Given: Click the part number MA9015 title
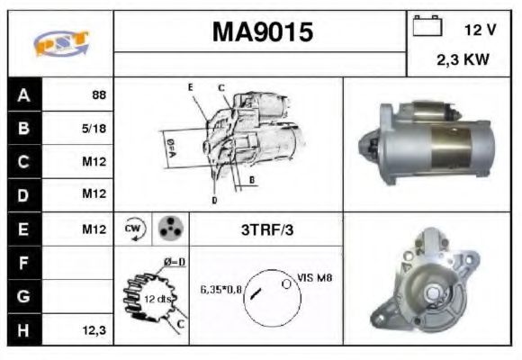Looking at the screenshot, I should click(263, 33).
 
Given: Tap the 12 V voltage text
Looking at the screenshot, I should click(480, 30).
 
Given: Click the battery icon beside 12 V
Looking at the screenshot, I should click(426, 27).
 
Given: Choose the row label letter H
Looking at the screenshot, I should click(24, 331).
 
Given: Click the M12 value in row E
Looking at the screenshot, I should click(94, 230).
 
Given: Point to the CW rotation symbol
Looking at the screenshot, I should click(132, 229).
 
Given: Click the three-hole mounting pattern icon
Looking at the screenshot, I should click(166, 229).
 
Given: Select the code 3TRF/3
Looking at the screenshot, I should click(267, 230).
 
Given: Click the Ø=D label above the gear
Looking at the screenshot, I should click(174, 262).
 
